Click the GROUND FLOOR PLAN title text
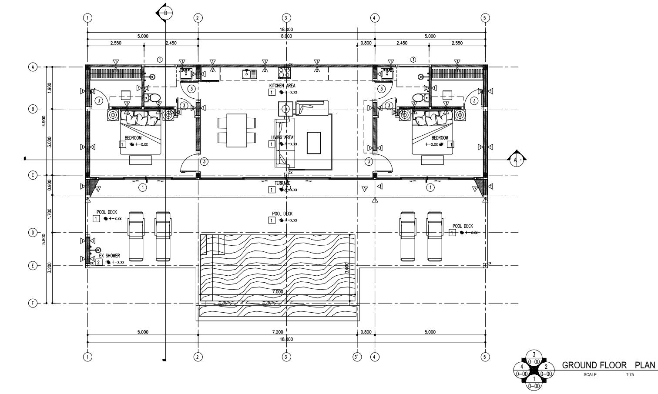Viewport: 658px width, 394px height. click(608, 365)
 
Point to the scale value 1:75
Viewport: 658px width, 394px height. click(629, 374)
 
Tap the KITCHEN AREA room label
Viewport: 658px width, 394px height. click(282, 86)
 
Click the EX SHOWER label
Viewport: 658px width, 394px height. click(109, 256)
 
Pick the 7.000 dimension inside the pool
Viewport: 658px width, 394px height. click(278, 292)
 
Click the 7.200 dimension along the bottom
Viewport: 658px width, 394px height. click(278, 332)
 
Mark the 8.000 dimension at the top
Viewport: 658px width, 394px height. click(286, 36)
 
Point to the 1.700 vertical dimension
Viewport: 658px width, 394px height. click(50, 213)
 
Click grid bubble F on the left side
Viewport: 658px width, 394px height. click(32, 303)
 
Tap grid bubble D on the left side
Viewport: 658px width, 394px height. click(32, 233)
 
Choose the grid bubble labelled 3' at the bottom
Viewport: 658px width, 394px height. click(357, 357)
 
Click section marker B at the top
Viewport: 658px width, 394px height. click(165, 12)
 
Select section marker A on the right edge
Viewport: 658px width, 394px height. click(517, 160)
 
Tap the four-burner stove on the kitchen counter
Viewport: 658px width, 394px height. click(284, 73)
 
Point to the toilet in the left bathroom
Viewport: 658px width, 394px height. click(153, 97)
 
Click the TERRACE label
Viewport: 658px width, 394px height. click(282, 184)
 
